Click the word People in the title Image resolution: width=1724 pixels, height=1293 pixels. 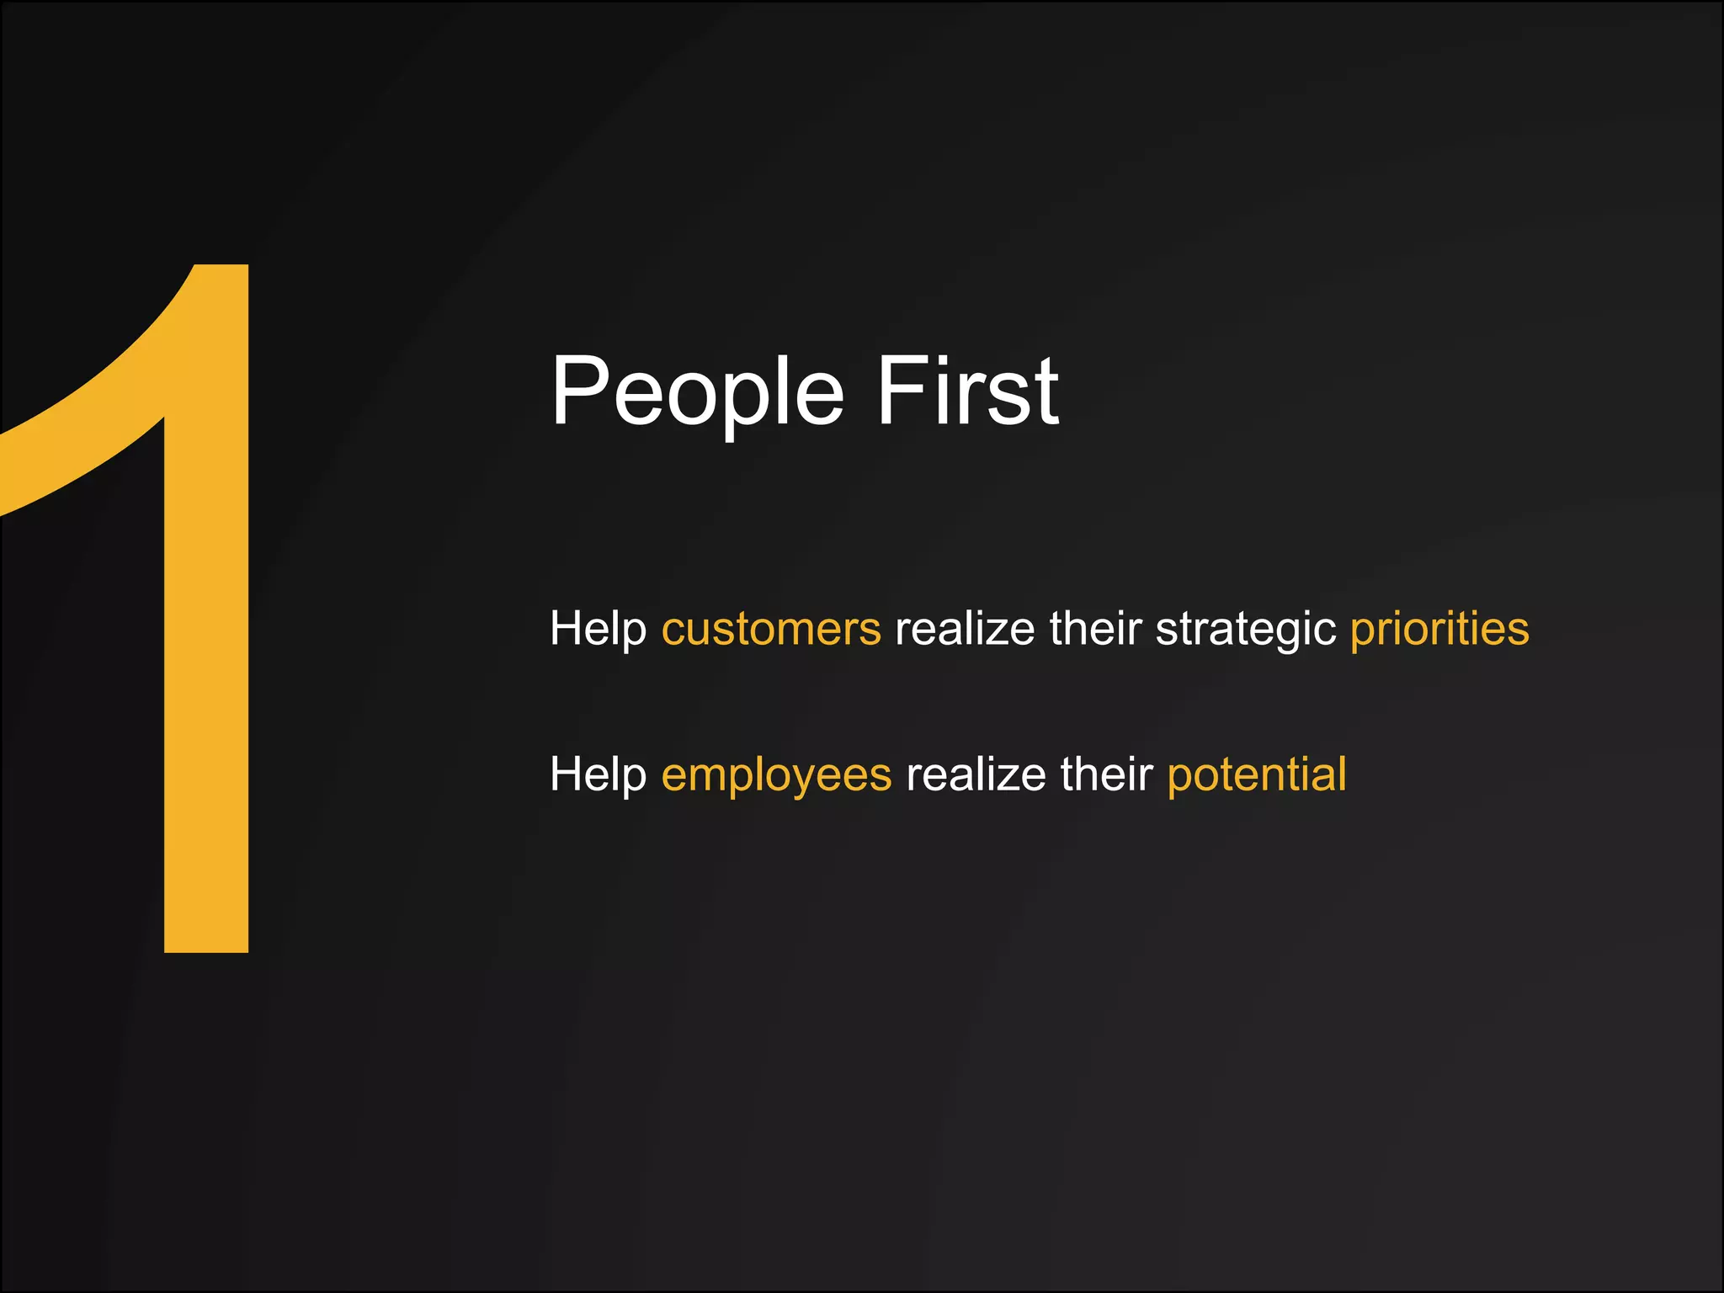[x=697, y=392]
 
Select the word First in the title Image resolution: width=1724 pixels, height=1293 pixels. [x=967, y=391]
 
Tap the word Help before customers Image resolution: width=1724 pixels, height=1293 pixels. [x=598, y=629]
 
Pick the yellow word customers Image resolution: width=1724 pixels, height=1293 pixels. [x=771, y=629]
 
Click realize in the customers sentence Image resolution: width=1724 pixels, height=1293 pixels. [x=965, y=629]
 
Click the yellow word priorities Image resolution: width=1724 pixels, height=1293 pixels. [x=1439, y=629]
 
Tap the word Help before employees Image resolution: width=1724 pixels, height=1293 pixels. [x=598, y=774]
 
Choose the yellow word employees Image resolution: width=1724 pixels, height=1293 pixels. [x=776, y=774]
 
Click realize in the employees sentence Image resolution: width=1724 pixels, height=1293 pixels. [x=976, y=774]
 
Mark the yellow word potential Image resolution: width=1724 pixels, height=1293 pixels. [x=1257, y=774]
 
